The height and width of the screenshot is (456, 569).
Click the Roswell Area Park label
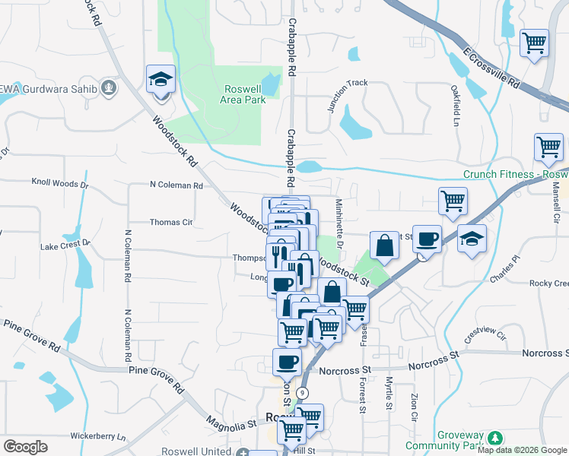[243, 94]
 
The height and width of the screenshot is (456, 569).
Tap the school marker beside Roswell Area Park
[161, 81]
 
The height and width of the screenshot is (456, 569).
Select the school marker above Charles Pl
[472, 239]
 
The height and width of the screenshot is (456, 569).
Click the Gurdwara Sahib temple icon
[110, 88]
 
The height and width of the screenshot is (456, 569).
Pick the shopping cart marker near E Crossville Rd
[535, 43]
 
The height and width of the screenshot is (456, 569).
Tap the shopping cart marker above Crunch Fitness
[548, 147]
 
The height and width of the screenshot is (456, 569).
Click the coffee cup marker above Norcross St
[288, 363]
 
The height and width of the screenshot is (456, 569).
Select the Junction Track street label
[348, 96]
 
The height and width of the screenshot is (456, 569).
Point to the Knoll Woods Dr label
[60, 183]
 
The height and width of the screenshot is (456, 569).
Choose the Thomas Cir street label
[171, 222]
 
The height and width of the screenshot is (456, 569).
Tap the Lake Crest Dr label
[65, 245]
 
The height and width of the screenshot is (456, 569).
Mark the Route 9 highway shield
[303, 393]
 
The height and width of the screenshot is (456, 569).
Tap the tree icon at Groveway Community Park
[495, 439]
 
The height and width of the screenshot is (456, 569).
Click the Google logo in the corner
[25, 447]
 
